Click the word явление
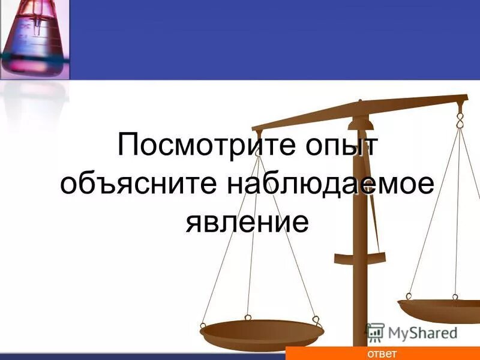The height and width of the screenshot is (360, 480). [x=247, y=221]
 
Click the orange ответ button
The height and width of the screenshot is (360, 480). [x=382, y=353]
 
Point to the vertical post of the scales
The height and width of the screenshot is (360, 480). [x=359, y=240]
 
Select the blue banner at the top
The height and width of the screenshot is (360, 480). [x=270, y=40]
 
